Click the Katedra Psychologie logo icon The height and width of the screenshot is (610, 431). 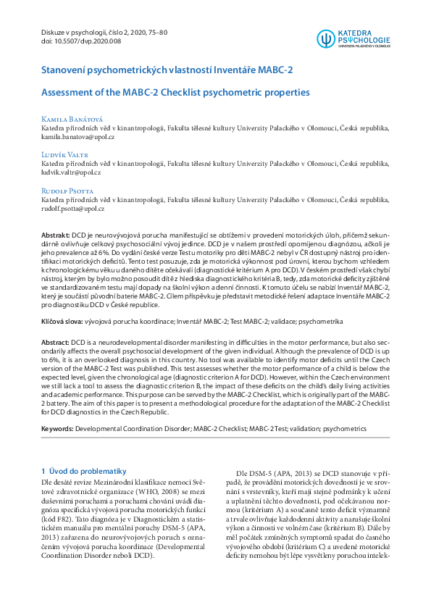325,38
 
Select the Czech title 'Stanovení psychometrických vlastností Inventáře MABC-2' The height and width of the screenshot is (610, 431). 167,70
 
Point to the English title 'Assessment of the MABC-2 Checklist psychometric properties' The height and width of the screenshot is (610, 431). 175,93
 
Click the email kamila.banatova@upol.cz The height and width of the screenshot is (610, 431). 78,136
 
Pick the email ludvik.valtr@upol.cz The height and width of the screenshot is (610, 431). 71,172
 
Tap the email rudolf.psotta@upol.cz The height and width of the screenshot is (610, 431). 73,209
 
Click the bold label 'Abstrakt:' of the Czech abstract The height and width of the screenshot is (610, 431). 55,236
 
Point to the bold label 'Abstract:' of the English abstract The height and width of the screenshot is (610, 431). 55,340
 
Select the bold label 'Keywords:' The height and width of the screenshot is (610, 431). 57,429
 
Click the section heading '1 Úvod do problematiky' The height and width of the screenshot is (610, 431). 84,471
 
